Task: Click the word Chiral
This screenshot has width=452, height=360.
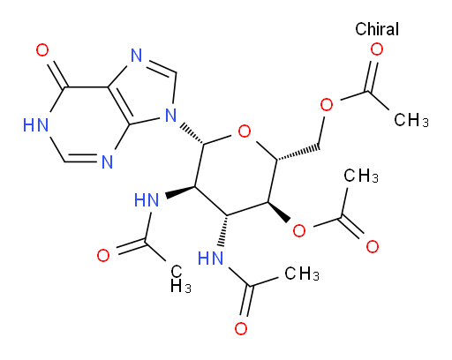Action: (377, 29)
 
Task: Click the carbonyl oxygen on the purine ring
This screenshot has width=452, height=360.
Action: (42, 50)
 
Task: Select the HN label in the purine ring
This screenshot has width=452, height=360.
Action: (35, 125)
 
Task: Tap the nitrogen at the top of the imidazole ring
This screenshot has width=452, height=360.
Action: (137, 56)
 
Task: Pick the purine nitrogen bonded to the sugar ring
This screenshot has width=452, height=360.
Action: (170, 115)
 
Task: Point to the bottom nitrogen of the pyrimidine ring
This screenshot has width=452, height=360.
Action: (107, 161)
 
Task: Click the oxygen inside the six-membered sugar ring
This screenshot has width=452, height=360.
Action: (245, 131)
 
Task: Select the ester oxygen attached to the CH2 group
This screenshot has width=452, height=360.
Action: (327, 104)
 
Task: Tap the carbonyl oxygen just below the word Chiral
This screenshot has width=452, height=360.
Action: (377, 49)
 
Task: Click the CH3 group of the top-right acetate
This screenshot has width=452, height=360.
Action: (411, 120)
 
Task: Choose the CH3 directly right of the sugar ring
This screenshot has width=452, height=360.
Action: (361, 176)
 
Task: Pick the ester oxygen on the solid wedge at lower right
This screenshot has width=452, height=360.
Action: (299, 230)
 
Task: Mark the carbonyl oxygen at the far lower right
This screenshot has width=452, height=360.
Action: (373, 246)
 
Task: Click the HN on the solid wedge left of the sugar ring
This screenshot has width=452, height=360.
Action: (147, 200)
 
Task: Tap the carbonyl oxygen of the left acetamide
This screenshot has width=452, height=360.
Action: (103, 255)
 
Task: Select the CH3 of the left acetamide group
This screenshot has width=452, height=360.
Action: (181, 279)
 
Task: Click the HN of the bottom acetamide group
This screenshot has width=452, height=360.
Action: (210, 259)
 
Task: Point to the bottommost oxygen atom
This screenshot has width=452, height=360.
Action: (241, 328)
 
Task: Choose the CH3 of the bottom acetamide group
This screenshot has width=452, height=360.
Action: (302, 274)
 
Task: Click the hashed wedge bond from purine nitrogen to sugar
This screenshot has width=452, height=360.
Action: (192, 135)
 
